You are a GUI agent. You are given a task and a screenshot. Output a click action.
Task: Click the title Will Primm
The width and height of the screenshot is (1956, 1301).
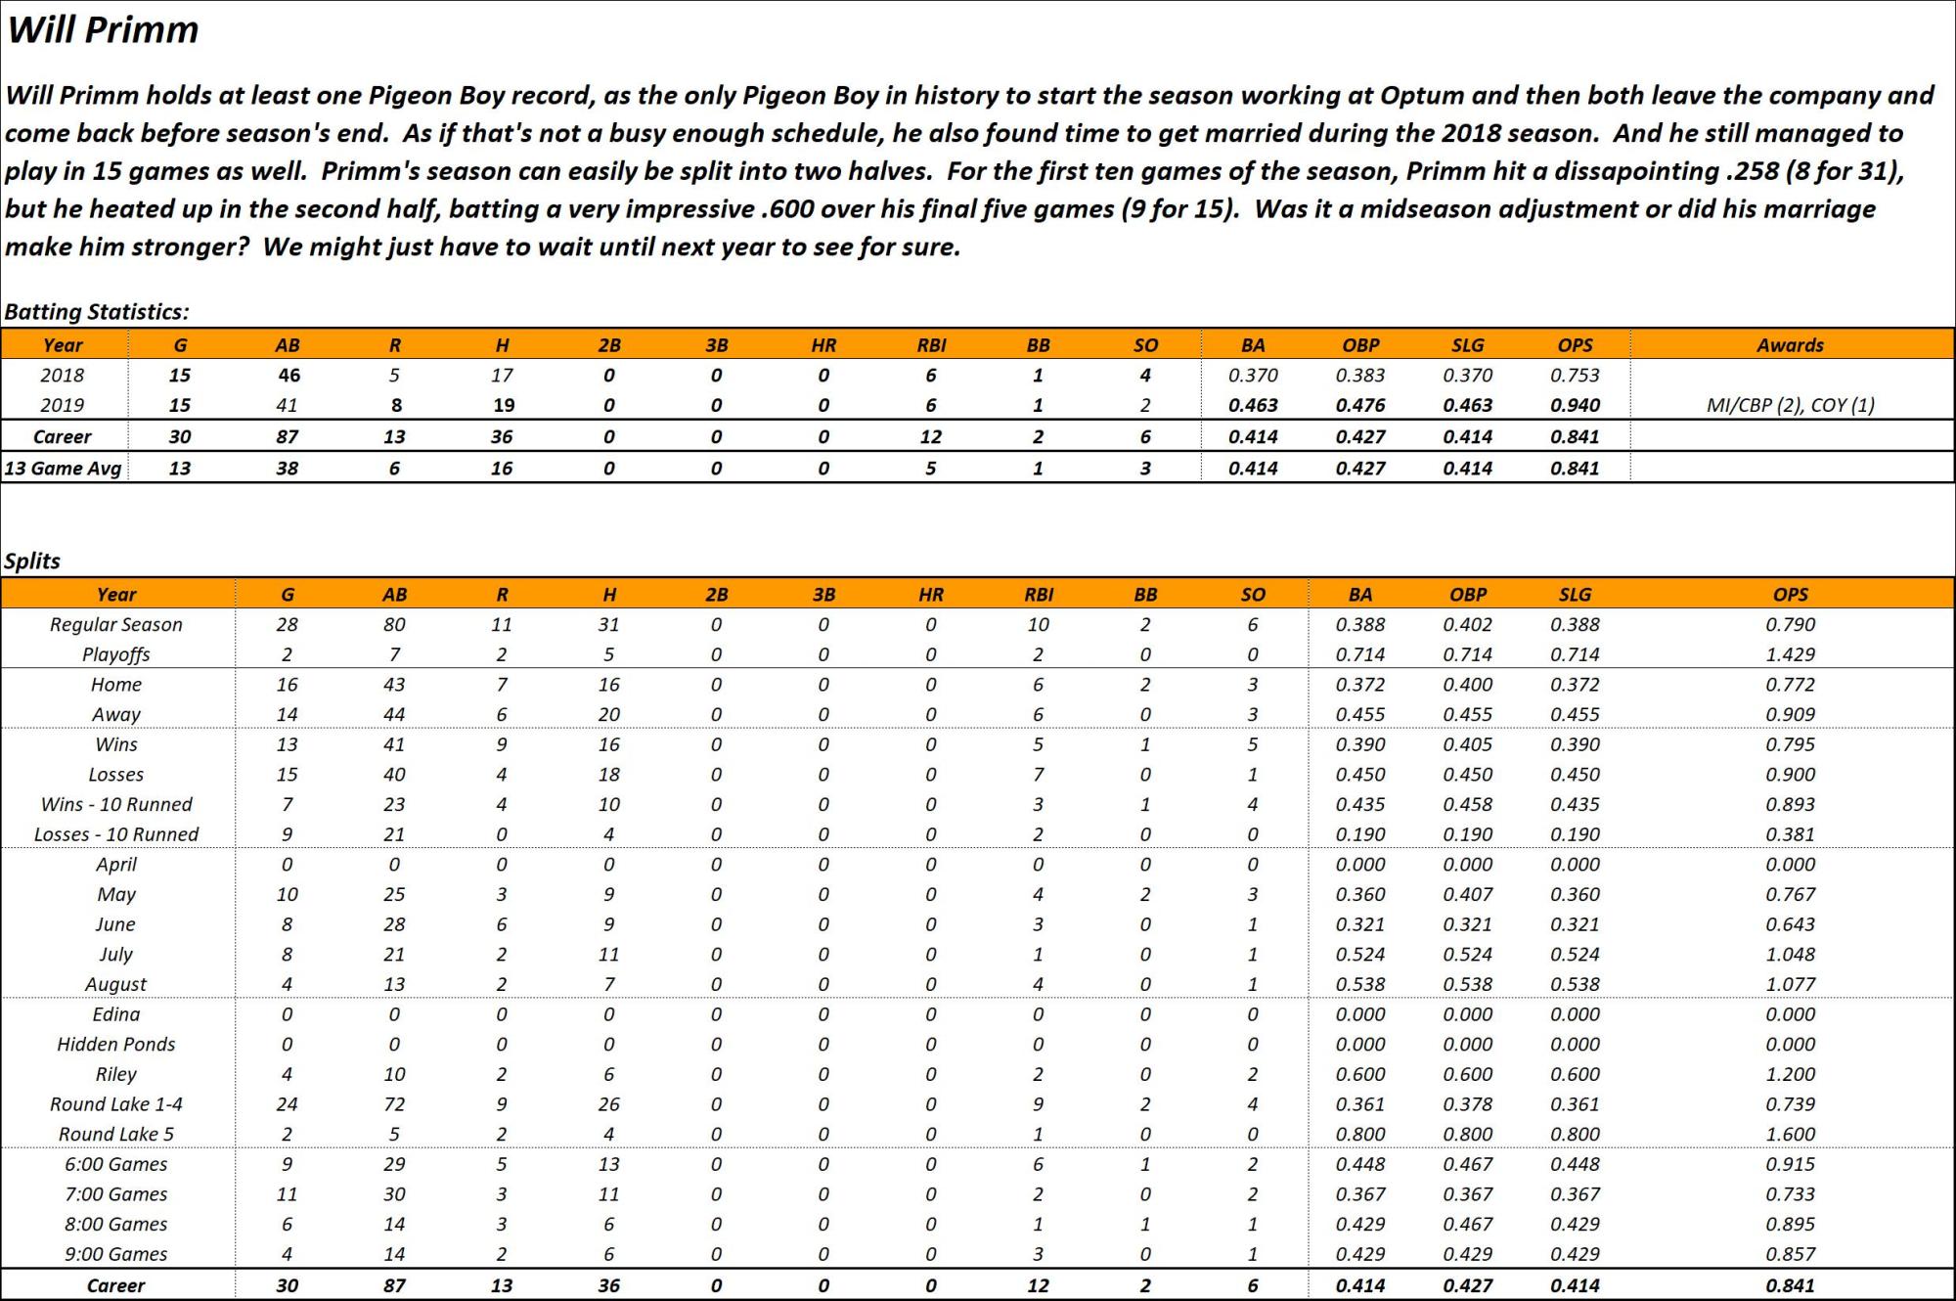[x=103, y=30]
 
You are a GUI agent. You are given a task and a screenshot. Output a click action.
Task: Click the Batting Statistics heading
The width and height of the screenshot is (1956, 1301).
[x=96, y=312]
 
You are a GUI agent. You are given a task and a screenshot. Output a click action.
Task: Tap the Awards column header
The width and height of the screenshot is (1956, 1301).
[x=1790, y=345]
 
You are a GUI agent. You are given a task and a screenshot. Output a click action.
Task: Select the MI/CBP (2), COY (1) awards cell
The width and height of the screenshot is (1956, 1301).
[x=1790, y=405]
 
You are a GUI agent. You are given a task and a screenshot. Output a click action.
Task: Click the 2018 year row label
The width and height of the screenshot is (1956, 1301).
[x=63, y=376]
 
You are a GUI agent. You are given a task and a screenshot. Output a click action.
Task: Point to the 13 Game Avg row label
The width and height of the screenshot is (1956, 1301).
[x=63, y=469]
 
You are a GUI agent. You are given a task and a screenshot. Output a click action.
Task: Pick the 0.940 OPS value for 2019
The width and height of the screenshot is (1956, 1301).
[x=1575, y=405]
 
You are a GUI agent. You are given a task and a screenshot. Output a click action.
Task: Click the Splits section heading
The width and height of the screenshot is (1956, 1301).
[x=32, y=561]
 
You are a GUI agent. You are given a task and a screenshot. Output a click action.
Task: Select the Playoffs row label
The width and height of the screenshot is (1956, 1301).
[x=116, y=654]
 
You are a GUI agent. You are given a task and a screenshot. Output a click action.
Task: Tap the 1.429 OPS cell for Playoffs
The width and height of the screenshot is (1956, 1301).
[x=1790, y=654]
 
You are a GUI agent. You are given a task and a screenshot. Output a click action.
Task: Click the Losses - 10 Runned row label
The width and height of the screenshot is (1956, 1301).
[x=116, y=834]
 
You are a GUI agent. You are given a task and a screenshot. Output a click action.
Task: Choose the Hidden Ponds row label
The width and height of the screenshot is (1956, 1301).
[x=116, y=1045]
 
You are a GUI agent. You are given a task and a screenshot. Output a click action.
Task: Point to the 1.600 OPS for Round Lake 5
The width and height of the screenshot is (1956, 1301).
[x=1790, y=1135]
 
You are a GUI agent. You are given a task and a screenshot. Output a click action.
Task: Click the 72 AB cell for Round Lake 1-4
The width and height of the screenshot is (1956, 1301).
[x=394, y=1104]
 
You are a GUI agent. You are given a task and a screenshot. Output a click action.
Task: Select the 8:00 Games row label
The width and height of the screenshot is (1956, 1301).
[x=116, y=1225]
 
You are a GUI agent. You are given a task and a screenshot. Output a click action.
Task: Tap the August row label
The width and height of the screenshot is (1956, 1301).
[x=116, y=985]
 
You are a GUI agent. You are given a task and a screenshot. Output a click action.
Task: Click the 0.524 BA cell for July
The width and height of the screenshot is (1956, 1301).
[x=1359, y=955]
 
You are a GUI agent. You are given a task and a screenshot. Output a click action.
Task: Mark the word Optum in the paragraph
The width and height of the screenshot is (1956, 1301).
[x=1421, y=96]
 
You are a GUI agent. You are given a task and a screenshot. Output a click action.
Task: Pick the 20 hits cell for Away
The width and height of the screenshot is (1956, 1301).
[x=608, y=715]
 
